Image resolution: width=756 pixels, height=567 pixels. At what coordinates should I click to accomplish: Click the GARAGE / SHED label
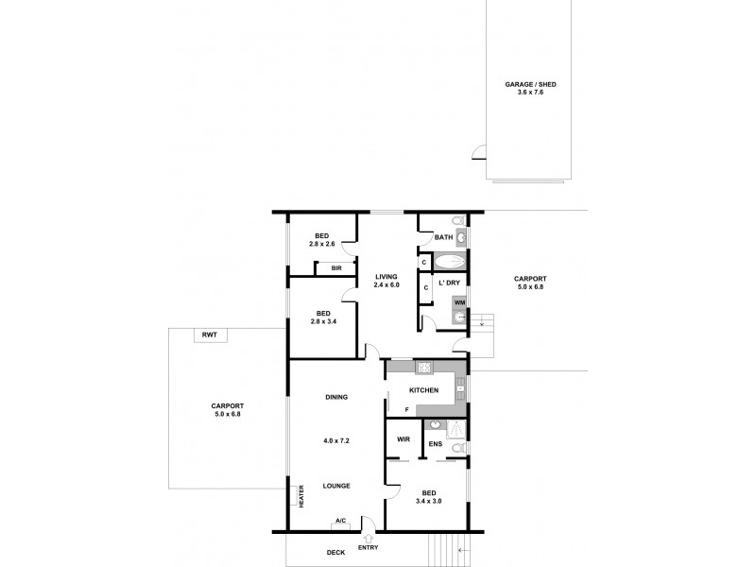[x=530, y=85]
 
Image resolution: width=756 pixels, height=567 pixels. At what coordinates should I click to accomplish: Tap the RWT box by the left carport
[x=206, y=335]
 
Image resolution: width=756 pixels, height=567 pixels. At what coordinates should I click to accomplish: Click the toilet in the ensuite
[x=458, y=448]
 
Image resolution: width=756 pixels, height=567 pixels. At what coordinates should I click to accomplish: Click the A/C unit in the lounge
[x=340, y=521]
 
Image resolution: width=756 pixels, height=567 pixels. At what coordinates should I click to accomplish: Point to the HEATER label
[x=301, y=497]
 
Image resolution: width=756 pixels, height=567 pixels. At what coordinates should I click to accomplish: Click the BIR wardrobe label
[x=335, y=269]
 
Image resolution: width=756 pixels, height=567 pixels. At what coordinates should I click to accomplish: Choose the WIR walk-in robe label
[x=403, y=439]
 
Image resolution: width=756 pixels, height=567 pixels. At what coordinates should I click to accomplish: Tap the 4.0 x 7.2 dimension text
[x=335, y=441]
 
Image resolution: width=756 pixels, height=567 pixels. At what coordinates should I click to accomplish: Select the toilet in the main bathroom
[x=458, y=223]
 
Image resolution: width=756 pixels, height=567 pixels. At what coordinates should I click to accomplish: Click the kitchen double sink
[x=459, y=388]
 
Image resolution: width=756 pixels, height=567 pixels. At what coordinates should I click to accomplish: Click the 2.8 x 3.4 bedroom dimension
[x=323, y=322]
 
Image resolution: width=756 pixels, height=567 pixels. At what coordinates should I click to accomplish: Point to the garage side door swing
[x=479, y=153]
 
